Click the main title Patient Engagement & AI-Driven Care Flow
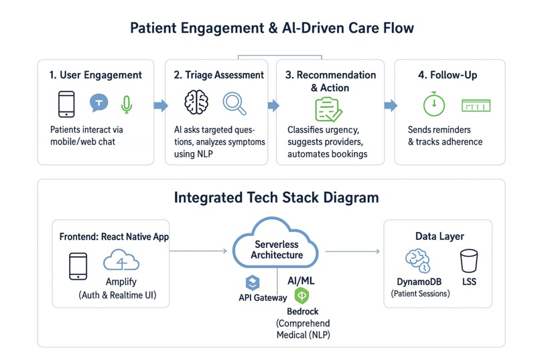[x=271, y=28]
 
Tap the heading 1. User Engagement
[x=96, y=75]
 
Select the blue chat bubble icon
[x=98, y=103]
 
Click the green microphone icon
[x=126, y=104]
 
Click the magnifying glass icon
[x=234, y=104]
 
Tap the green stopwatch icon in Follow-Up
[x=433, y=104]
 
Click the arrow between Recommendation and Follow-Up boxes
[x=390, y=105]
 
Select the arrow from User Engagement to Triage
[x=160, y=105]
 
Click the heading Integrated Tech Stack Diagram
[x=276, y=198]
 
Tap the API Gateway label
[x=263, y=298]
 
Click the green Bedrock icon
[x=301, y=295]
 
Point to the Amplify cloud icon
[x=121, y=261]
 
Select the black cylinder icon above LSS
[x=469, y=260]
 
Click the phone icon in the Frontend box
[x=78, y=265]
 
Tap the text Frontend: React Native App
[x=114, y=237]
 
